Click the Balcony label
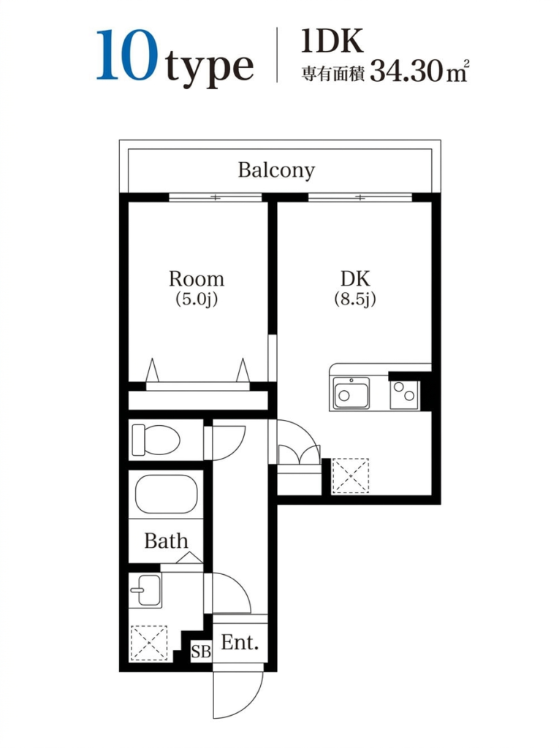point(276,170)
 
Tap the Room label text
point(197,278)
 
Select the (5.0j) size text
point(197,299)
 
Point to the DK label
point(355,278)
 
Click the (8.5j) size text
point(355,299)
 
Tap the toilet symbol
point(156,440)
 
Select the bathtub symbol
point(166,495)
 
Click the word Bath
point(166,541)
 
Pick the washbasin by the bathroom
point(145,589)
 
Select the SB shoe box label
point(201,652)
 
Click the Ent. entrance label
point(240,643)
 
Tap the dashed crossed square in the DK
point(351,476)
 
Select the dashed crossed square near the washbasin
point(149,643)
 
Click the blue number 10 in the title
point(127,56)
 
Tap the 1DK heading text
point(332,41)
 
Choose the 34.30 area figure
point(406,72)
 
